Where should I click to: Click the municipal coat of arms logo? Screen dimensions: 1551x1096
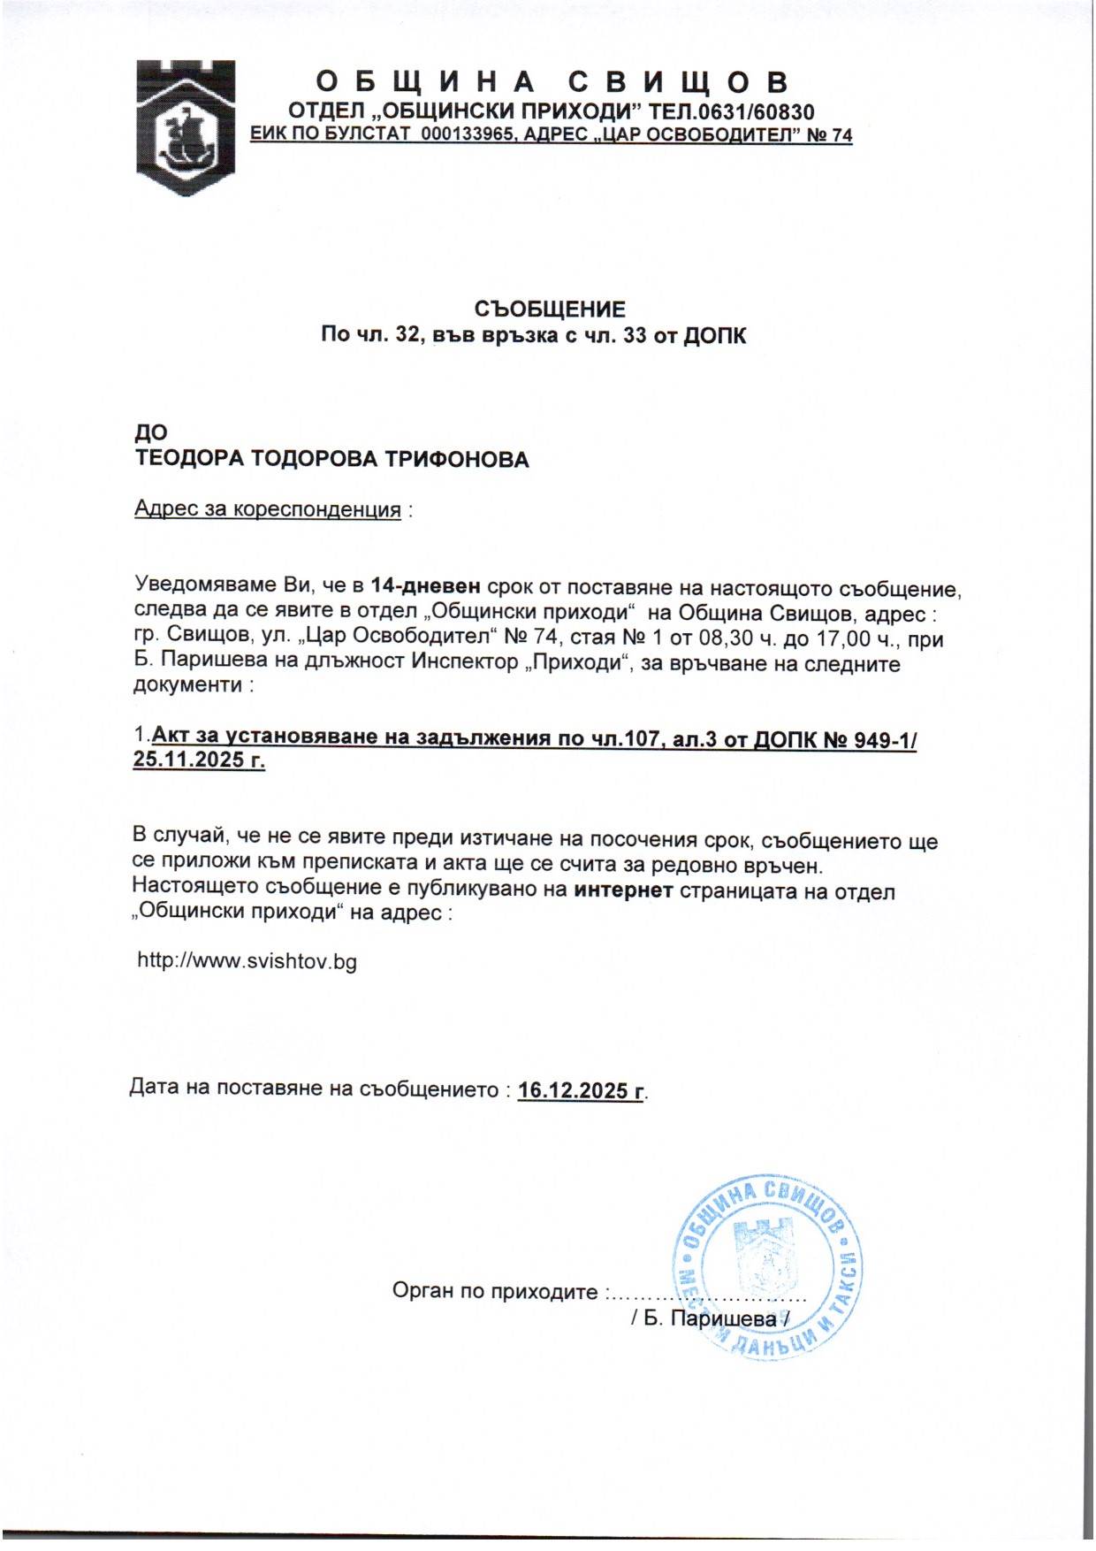coord(185,127)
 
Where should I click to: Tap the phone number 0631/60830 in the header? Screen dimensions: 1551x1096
coord(755,112)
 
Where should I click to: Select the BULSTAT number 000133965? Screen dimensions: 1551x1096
coord(468,135)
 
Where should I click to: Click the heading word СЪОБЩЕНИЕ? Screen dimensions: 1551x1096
coord(550,309)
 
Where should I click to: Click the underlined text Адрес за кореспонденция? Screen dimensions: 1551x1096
coord(268,510)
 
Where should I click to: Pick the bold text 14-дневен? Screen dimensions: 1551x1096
coord(426,586)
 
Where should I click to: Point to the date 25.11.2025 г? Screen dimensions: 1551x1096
coord(199,760)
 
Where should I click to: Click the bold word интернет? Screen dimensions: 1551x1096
coord(624,890)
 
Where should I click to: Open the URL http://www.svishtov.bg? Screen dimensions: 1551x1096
coord(247,962)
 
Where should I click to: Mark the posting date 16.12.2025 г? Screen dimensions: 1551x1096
coord(581,1090)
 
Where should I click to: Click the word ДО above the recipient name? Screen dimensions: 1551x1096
coord(150,433)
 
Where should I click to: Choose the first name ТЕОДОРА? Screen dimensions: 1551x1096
coord(188,460)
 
